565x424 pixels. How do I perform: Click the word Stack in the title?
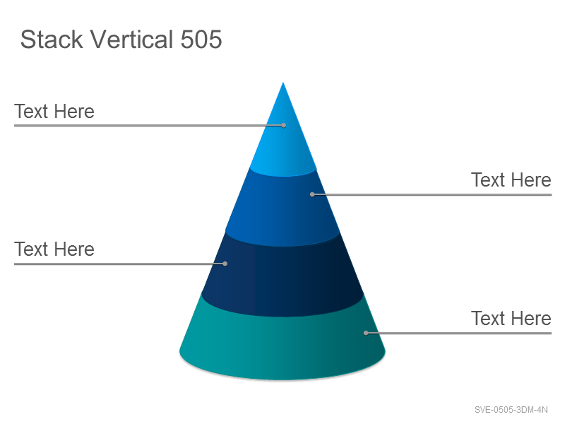52,39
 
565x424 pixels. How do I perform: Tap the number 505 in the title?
201,39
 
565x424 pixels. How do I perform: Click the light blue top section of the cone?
283,144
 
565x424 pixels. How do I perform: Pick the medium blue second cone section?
283,209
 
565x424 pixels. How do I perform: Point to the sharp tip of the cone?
283,83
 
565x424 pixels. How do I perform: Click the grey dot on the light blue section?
284,126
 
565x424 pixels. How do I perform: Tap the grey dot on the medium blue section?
312,195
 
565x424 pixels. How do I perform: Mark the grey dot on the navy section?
225,264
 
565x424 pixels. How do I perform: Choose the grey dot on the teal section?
366,333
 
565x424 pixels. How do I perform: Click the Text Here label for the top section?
54,111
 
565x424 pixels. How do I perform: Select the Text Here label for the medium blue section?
511,180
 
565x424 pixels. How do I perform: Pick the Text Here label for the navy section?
54,249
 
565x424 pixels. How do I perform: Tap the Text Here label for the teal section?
511,319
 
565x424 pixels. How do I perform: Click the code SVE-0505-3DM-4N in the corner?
511,410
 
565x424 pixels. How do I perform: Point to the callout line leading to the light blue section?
149,126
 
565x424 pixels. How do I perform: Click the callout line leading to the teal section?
458,333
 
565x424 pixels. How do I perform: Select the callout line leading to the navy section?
119,264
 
